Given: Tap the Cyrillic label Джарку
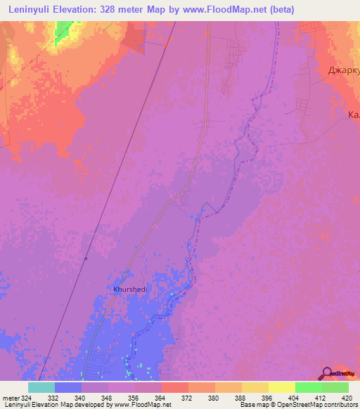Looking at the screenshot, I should pos(344,70).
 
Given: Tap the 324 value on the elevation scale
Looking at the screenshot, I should pos(25,397).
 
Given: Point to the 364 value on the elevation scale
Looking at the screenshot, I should pos(161,397).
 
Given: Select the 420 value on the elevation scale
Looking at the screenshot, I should pos(348,397).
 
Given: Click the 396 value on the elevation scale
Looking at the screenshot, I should pos(268,397).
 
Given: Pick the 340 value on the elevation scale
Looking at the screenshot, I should pos(81,397).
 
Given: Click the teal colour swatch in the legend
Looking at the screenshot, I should pos(41,387).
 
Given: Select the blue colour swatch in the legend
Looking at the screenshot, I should pos(67,387).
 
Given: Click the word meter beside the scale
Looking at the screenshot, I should pos(9,397).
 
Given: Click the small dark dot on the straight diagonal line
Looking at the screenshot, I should pos(86,259).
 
